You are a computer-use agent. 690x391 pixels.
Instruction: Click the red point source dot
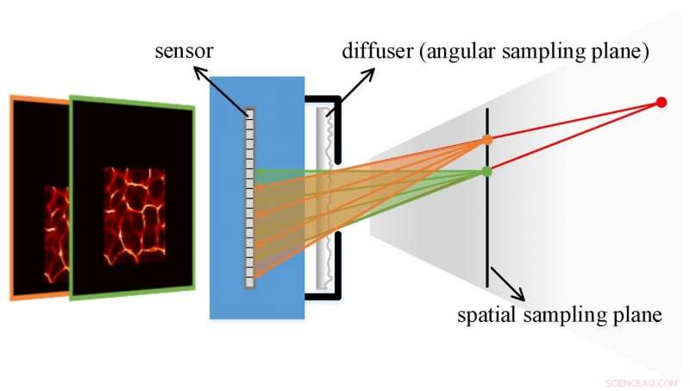[662, 103]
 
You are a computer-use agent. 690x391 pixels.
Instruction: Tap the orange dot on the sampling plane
[487, 140]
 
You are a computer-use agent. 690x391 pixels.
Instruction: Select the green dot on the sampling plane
[487, 172]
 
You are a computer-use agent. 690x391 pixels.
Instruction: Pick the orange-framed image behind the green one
[39, 199]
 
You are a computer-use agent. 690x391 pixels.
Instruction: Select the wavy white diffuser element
[324, 199]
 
